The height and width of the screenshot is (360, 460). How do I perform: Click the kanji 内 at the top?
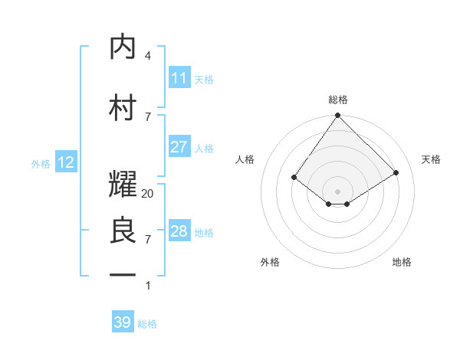coord(123,47)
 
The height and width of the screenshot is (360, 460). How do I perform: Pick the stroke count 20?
coord(148,194)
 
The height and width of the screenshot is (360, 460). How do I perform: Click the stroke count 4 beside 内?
coord(148,56)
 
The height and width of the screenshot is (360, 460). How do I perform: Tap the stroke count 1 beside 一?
coord(148,286)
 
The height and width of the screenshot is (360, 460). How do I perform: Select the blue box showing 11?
coord(179,78)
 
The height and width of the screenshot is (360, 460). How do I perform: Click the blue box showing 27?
coord(179,147)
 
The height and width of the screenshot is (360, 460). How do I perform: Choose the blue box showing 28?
coord(179,231)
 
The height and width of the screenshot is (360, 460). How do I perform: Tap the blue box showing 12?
coord(65,162)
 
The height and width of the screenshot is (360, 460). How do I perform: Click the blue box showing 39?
coord(122,322)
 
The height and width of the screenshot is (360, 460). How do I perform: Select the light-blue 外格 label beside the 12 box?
coord(41,163)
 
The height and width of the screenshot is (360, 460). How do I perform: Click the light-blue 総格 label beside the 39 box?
coord(147,324)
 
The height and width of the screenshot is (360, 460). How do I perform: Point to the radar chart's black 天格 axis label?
coord(432,159)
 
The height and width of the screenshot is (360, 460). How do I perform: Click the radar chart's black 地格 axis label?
coord(402,262)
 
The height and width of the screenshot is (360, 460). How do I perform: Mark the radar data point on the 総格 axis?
coord(337,116)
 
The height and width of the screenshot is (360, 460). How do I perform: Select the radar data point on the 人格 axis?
coord(294,177)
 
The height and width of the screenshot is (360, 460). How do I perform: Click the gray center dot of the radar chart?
coord(337,191)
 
